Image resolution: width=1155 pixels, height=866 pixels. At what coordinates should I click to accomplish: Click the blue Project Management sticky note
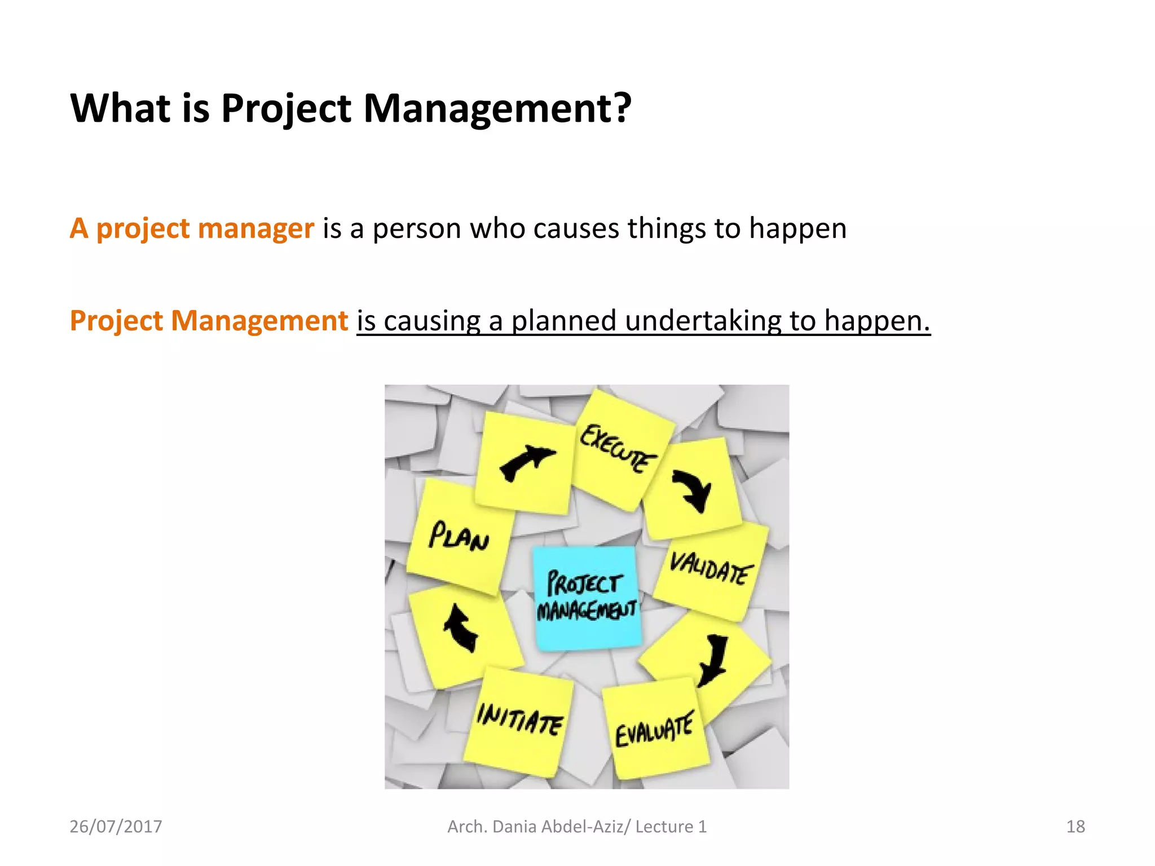(x=587, y=598)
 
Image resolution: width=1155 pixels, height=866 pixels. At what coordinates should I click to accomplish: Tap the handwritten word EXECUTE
(x=618, y=448)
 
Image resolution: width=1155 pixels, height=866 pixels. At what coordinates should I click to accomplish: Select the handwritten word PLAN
(x=458, y=537)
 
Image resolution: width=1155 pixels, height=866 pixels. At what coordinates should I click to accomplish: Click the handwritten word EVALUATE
(x=654, y=731)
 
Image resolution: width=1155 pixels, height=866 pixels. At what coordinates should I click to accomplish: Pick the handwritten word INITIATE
(x=519, y=719)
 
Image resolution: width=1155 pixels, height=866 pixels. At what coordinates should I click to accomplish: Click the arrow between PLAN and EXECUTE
(x=526, y=462)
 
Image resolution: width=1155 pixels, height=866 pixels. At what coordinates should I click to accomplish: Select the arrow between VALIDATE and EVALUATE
(x=713, y=660)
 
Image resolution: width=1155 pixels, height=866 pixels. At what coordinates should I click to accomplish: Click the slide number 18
(x=1075, y=827)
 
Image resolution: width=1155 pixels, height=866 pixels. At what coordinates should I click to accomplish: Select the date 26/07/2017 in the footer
(x=116, y=827)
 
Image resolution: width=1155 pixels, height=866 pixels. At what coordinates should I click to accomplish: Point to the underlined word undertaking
(x=703, y=321)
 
